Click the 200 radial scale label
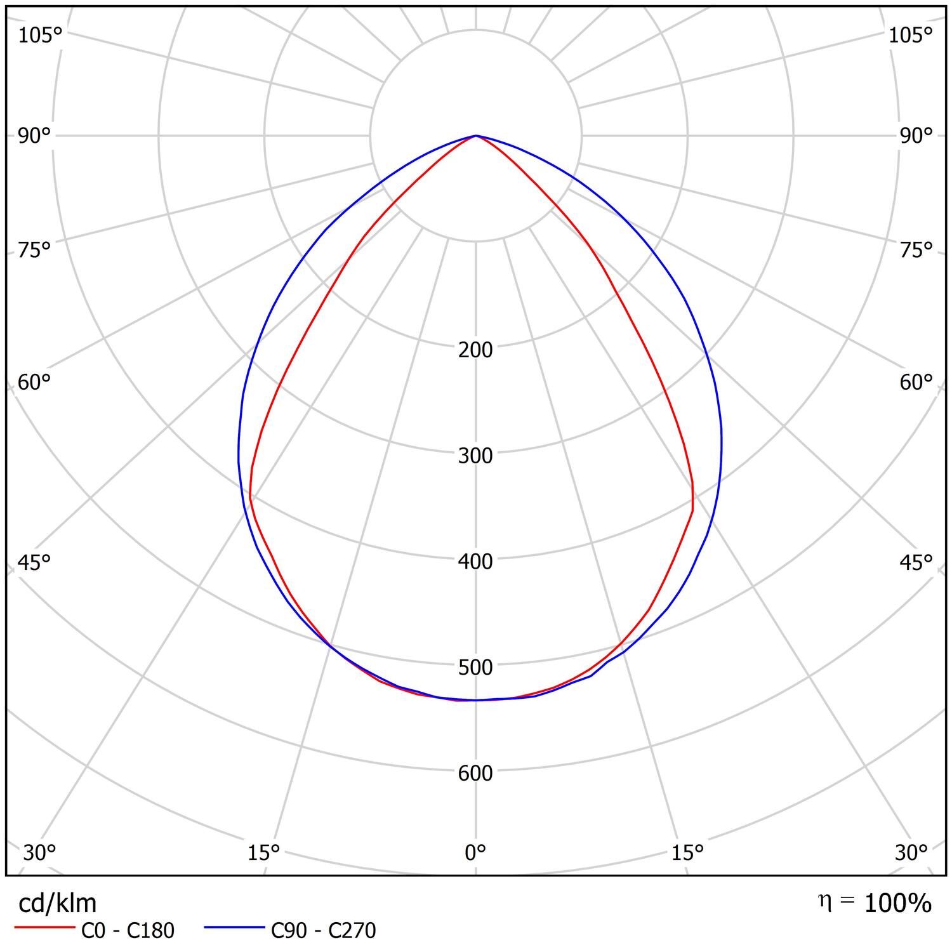click(x=475, y=350)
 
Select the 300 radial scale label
click(x=475, y=456)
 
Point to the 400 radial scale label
click(x=475, y=562)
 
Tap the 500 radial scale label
click(x=475, y=668)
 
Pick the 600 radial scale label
click(x=475, y=774)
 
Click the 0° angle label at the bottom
click(x=475, y=852)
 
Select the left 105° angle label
click(x=40, y=36)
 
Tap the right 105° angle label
click(x=910, y=36)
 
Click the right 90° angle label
click(x=916, y=136)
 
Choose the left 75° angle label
click(x=34, y=251)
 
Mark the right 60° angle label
click(x=916, y=383)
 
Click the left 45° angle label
click(x=34, y=563)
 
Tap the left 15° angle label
click(x=263, y=853)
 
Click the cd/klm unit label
click(x=58, y=903)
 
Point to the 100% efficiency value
click(x=898, y=903)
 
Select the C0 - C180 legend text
click(x=128, y=930)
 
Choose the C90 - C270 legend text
click(x=324, y=930)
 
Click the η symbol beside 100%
click(x=824, y=901)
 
